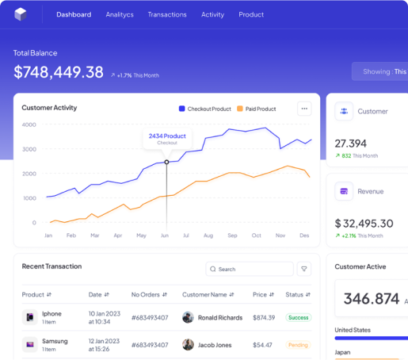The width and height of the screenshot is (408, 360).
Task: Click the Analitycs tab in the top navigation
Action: (x=120, y=14)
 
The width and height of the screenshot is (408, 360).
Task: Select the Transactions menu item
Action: (x=167, y=14)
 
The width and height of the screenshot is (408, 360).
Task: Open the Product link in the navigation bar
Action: (x=251, y=14)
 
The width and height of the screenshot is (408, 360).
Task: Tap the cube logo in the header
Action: (x=21, y=14)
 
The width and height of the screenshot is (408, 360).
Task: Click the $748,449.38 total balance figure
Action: (x=59, y=72)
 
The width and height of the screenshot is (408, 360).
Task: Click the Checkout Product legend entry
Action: (x=205, y=109)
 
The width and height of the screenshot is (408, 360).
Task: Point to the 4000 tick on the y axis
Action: (x=29, y=124)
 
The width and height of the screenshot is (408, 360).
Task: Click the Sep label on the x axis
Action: (x=232, y=236)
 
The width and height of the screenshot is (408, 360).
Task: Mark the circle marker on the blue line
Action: (x=166, y=162)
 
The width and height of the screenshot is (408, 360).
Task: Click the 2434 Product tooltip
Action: (x=167, y=138)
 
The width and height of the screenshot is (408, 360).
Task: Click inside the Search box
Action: (x=250, y=269)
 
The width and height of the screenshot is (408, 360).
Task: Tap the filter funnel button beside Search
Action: (x=304, y=269)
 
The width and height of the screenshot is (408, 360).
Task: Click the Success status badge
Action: (x=298, y=317)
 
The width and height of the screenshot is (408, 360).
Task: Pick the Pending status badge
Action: (x=298, y=345)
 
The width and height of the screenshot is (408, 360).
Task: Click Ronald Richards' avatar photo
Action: (x=188, y=317)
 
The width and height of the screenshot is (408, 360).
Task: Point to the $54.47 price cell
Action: (x=262, y=345)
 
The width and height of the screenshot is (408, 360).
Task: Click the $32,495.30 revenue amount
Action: (x=364, y=224)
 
